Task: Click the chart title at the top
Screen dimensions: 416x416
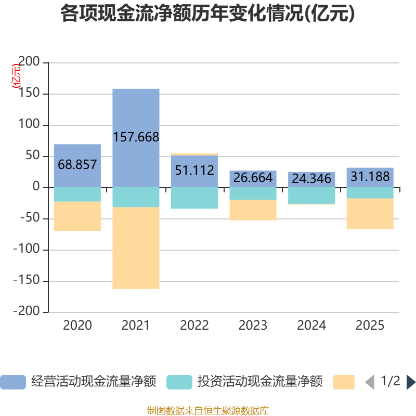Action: pyautogui.click(x=207, y=14)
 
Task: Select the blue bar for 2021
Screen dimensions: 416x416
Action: pyautogui.click(x=136, y=138)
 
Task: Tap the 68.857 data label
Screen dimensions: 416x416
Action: pyautogui.click(x=77, y=164)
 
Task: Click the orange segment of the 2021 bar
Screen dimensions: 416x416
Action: pyautogui.click(x=136, y=248)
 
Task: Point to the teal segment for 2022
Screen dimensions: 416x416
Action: pyautogui.click(x=194, y=198)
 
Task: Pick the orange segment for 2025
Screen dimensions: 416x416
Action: pyautogui.click(x=370, y=214)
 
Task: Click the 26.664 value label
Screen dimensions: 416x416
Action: pyautogui.click(x=253, y=178)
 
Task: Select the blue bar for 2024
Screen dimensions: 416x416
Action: pyautogui.click(x=311, y=180)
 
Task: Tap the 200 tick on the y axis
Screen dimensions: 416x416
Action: pyautogui.click(x=29, y=61)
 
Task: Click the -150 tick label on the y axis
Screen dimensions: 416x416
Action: pyautogui.click(x=27, y=280)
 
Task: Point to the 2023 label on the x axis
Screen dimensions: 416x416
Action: pyautogui.click(x=253, y=326)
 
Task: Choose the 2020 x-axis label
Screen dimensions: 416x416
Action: pyautogui.click(x=77, y=326)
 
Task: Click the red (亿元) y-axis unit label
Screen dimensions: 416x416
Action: pyautogui.click(x=16, y=76)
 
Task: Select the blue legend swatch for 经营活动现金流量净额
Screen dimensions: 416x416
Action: pyautogui.click(x=13, y=382)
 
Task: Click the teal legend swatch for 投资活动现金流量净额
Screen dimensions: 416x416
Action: pyautogui.click(x=179, y=382)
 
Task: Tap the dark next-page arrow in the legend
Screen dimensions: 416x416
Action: pyautogui.click(x=411, y=382)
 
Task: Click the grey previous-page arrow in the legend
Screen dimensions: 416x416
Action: pyautogui.click(x=370, y=382)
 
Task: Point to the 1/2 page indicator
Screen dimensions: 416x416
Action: pyautogui.click(x=391, y=381)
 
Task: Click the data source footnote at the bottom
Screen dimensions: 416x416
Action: pyautogui.click(x=207, y=411)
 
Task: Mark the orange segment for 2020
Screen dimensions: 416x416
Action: pyautogui.click(x=77, y=216)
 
